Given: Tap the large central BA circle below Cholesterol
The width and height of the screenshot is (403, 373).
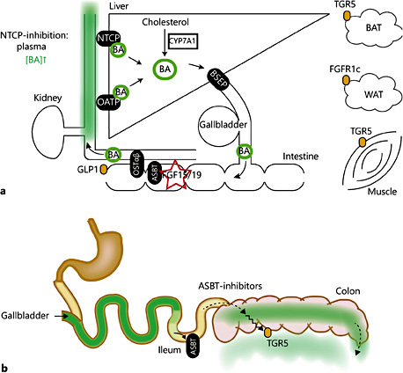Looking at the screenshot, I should pyautogui.click(x=164, y=67).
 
